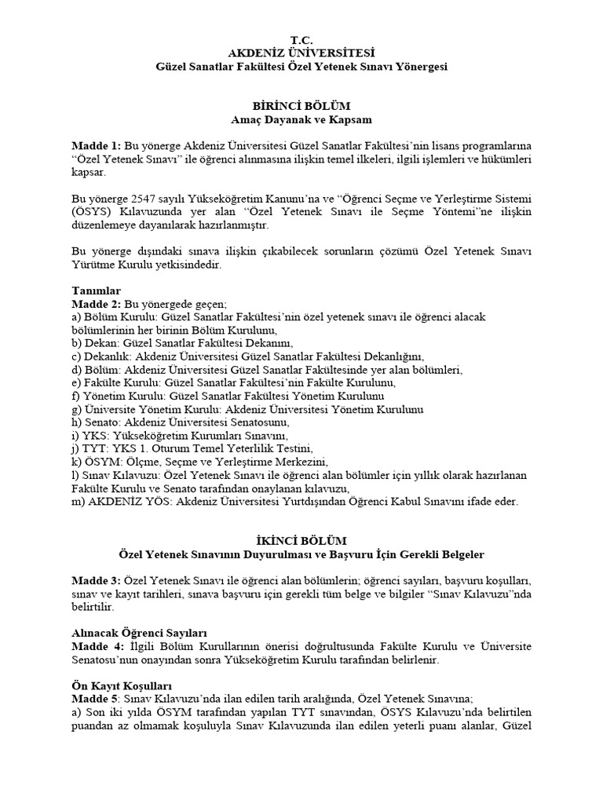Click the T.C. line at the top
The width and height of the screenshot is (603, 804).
click(301, 39)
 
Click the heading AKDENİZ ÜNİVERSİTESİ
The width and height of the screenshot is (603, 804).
click(301, 53)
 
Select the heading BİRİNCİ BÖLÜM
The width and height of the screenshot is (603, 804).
click(301, 106)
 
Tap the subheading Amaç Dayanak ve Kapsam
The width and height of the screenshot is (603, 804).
click(301, 119)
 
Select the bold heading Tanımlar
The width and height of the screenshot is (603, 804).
click(97, 291)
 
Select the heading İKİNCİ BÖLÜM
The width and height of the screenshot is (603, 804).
click(301, 541)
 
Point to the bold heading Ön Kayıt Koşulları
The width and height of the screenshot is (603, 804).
click(117, 685)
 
